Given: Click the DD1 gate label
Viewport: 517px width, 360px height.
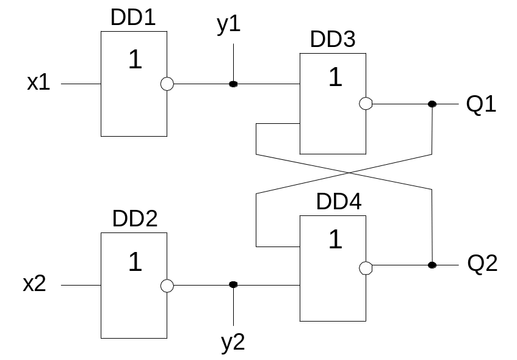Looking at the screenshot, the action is point(133,17).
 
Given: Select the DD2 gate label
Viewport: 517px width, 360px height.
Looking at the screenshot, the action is point(135,218).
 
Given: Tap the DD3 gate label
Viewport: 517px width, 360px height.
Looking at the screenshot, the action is point(333,39).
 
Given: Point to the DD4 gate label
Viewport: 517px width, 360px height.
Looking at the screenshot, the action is point(339,201).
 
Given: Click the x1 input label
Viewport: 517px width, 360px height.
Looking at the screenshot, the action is point(38,82).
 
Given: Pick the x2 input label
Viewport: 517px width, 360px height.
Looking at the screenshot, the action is point(34,283).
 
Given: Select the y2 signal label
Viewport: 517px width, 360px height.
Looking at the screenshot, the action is point(233,343).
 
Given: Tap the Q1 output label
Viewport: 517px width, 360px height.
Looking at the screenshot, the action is point(481,104).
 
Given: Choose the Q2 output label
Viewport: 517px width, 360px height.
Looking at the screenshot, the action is point(482,264).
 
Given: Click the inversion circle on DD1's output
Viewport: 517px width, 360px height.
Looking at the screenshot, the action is point(167,84).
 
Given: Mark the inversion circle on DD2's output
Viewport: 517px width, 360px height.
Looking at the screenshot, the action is point(167,286).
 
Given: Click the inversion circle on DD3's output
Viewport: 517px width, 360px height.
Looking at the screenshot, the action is point(366,104).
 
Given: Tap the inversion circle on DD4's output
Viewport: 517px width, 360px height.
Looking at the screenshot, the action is point(366,268).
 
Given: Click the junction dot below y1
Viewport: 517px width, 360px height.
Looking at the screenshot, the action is point(233,84).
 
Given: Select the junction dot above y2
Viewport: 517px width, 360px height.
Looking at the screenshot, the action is point(233,284).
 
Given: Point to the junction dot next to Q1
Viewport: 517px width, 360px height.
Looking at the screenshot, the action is point(432,104).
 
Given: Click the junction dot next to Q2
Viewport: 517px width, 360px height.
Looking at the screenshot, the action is point(432,265).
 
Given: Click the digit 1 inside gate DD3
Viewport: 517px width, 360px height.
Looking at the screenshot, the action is point(336,77).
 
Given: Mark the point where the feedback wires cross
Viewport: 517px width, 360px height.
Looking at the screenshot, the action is point(350,173).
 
